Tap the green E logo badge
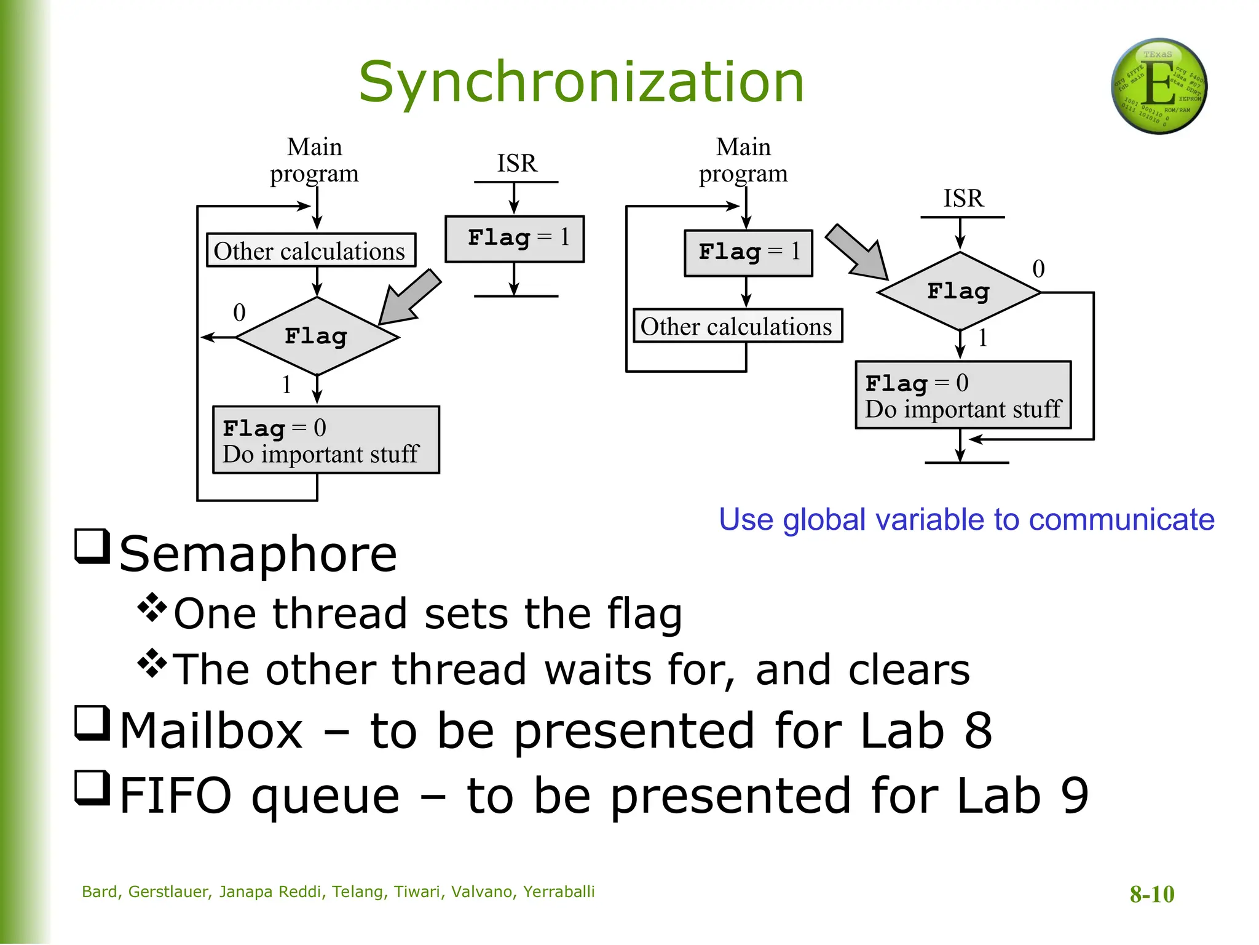(x=1159, y=86)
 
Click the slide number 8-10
(x=1151, y=894)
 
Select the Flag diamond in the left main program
(x=317, y=337)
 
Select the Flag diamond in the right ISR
(x=959, y=292)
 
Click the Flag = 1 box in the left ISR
(x=515, y=239)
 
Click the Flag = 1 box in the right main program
(x=748, y=253)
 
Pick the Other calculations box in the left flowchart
(x=310, y=250)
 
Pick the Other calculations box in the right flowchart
(x=737, y=326)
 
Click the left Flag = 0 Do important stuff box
(x=326, y=440)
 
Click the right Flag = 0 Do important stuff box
(x=963, y=395)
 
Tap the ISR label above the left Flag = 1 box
(x=516, y=164)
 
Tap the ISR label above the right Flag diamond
(x=963, y=199)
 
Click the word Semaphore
(x=258, y=554)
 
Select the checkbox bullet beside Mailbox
(x=92, y=724)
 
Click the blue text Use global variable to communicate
(x=966, y=520)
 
